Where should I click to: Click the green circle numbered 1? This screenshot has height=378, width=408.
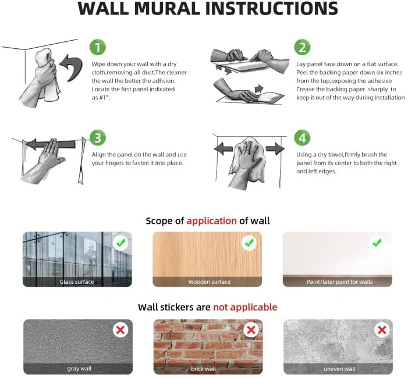pos(97,47)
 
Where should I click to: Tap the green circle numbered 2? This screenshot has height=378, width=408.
pos(301,47)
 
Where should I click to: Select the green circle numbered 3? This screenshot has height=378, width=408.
pos(97,138)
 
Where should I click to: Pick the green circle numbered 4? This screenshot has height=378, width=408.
pos(301,138)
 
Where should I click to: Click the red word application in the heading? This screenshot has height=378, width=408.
pos(211,220)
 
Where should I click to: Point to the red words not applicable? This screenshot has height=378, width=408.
pos(245,306)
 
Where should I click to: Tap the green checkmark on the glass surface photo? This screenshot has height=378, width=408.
pos(121,243)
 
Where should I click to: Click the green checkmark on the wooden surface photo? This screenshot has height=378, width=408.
pos(250,243)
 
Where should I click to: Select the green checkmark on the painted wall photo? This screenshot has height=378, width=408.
pos(378,243)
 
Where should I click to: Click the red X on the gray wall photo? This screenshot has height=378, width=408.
pos(120,330)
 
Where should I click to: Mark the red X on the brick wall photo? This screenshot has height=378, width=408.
pos(251,330)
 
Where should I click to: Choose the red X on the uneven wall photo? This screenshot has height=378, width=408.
pos(382,330)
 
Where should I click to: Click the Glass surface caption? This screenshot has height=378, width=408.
pos(77,282)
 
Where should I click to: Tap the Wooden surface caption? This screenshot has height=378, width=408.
pos(209,282)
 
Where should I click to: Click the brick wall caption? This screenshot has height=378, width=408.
pos(203,369)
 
